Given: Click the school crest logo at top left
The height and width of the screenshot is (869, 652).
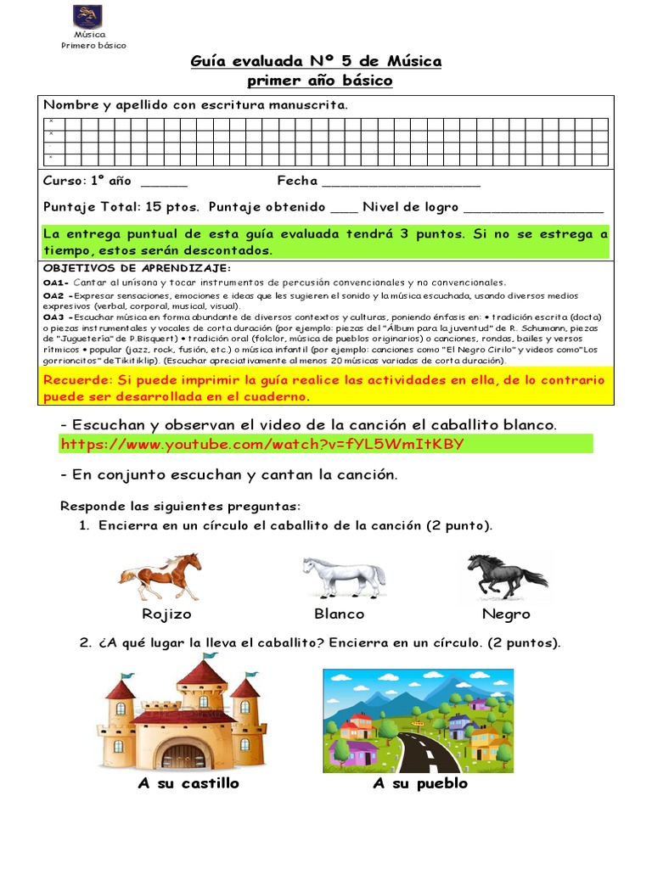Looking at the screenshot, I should tap(87, 15).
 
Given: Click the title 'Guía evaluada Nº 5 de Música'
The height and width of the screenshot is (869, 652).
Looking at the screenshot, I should tap(316, 61).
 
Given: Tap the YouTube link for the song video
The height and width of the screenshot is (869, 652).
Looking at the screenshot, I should tap(262, 444).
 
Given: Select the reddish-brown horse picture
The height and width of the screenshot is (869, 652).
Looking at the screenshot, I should tap(160, 577).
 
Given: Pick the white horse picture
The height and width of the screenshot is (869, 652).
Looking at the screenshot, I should tap(344, 577).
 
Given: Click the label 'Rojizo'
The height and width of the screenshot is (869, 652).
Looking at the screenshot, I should tap(166, 614).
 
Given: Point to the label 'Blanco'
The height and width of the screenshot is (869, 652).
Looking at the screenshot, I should tap(339, 614).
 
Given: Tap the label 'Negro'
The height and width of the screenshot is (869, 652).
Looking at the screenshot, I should tap(506, 614).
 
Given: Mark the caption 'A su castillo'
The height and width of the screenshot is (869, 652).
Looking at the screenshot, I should tap(188, 783).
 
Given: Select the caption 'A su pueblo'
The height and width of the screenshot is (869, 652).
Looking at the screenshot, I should tap(420, 783).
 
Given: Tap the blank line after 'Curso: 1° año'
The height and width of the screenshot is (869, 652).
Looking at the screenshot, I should tap(164, 183).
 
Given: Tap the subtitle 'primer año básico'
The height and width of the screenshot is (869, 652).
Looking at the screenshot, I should tap(319, 81).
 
